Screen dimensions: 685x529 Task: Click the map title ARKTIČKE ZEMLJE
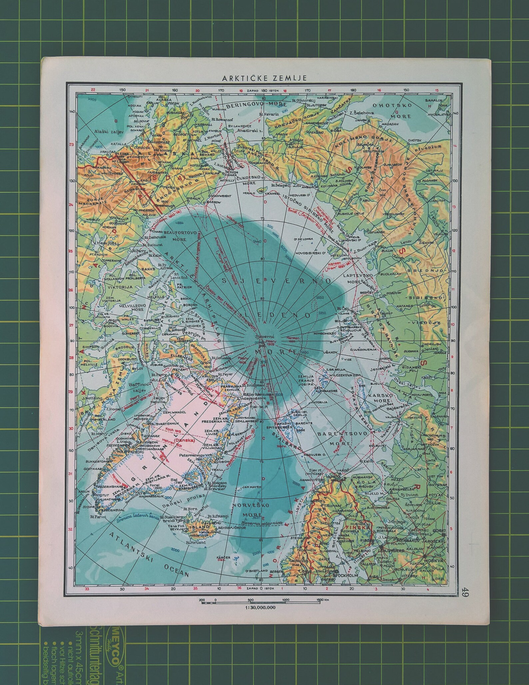(264, 78)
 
